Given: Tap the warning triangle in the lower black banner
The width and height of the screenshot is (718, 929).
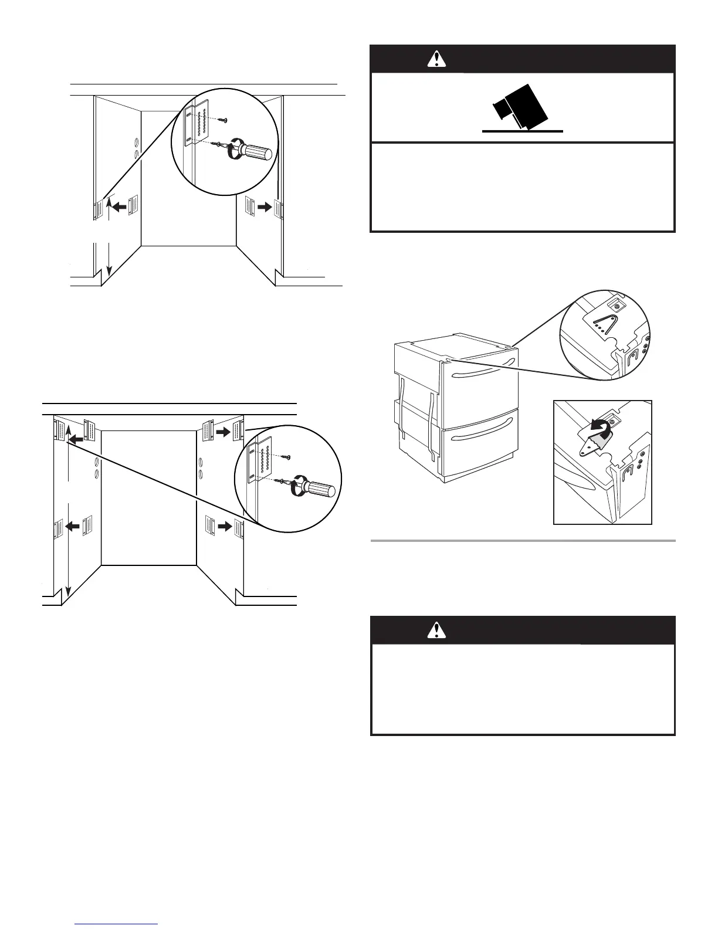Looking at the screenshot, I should pos(436,629).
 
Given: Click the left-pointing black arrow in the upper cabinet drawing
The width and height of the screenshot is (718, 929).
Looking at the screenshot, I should pos(120,206).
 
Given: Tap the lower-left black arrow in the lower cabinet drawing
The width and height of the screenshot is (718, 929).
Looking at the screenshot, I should pos(73,527).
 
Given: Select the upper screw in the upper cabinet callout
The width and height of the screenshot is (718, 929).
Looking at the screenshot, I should pos(223,120).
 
